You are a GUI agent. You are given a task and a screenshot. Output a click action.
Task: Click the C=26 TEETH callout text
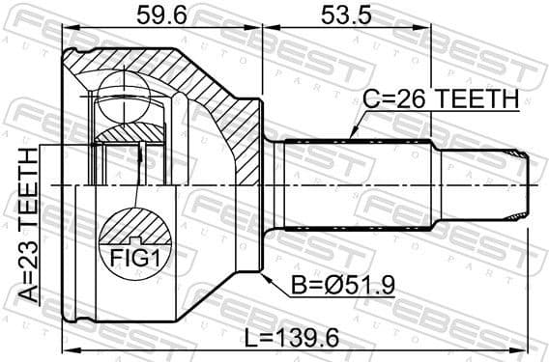coord(441,98)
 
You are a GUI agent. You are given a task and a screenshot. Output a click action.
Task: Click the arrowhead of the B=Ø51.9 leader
coord(264,275)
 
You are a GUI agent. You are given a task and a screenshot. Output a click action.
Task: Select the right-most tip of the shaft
coord(534,184)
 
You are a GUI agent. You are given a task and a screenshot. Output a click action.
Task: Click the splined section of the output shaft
coord(358,184)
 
